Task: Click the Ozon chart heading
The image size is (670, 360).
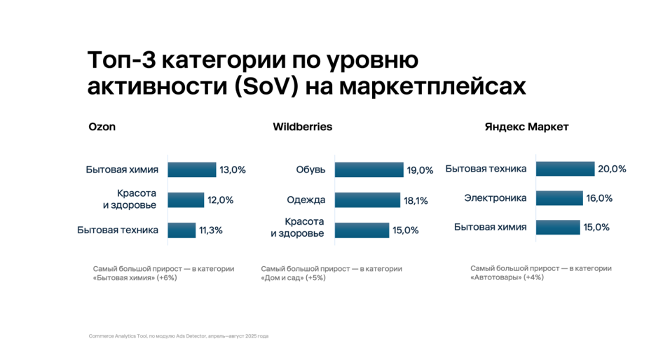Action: [x=102, y=127]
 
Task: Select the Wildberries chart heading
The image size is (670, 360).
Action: [x=302, y=127]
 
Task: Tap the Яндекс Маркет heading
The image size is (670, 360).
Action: [x=526, y=127]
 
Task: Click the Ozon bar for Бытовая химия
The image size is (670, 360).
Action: [x=192, y=169]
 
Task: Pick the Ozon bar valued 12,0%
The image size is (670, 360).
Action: [x=186, y=200]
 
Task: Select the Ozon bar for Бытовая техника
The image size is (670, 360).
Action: [x=182, y=230]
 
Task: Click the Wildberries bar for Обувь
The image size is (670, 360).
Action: [x=369, y=169]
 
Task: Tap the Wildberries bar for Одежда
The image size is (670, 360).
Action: [x=367, y=200]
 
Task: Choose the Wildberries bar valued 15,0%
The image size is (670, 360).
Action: [x=362, y=230]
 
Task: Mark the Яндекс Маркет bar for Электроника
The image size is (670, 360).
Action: [x=559, y=198]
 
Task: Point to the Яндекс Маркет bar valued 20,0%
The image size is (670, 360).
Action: [x=566, y=169]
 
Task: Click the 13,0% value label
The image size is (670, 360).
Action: [x=233, y=169]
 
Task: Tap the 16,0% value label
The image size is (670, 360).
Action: [x=599, y=198]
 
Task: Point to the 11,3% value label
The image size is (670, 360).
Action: [x=210, y=230]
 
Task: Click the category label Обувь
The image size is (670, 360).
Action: [x=310, y=169]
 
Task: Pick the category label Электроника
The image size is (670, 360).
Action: [x=495, y=198]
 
